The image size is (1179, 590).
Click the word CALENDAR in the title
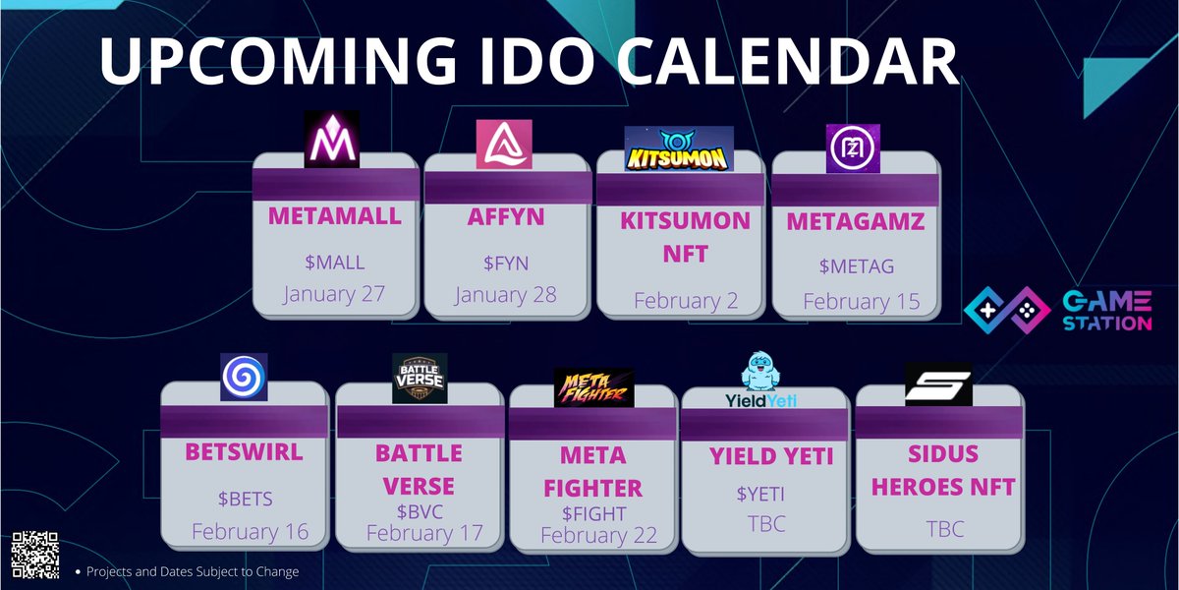pyautogui.click(x=786, y=61)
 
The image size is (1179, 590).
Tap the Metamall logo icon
pyautogui.click(x=332, y=139)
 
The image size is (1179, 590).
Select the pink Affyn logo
pyautogui.click(x=504, y=145)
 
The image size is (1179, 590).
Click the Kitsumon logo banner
pyautogui.click(x=679, y=148)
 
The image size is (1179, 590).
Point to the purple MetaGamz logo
pyautogui.click(x=853, y=148)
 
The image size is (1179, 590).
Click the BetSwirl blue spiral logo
pyautogui.click(x=244, y=378)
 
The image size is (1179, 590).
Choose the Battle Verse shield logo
pyautogui.click(x=420, y=379)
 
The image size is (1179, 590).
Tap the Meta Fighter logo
pyautogui.click(x=593, y=387)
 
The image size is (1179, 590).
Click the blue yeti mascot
pyautogui.click(x=760, y=371)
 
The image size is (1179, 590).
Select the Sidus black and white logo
pyautogui.click(x=938, y=384)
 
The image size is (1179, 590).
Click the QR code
pyautogui.click(x=35, y=556)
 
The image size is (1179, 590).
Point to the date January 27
pyautogui.click(x=334, y=294)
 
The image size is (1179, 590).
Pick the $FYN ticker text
pyautogui.click(x=506, y=263)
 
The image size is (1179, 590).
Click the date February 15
pyautogui.click(x=862, y=301)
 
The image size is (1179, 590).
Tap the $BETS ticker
pyautogui.click(x=246, y=499)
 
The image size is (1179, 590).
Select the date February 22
pyautogui.click(x=599, y=535)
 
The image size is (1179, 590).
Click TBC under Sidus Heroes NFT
pyautogui.click(x=945, y=529)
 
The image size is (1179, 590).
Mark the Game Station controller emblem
pyautogui.click(x=1007, y=311)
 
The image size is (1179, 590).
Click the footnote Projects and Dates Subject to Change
pyautogui.click(x=193, y=571)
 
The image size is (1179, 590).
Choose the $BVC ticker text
pyautogui.click(x=421, y=511)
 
